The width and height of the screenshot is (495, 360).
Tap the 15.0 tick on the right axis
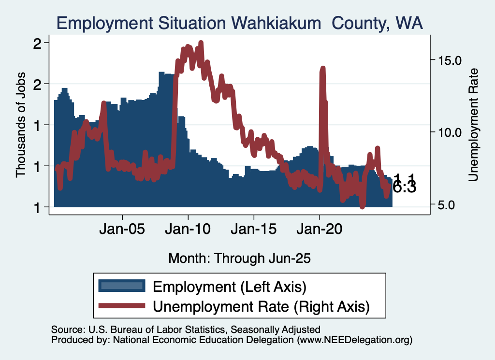pyautogui.click(x=450, y=60)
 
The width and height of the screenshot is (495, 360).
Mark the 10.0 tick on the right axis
pyautogui.click(x=450, y=132)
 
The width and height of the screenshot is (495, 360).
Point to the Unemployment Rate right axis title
pyautogui.click(x=473, y=125)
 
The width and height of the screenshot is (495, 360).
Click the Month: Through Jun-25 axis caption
pyautogui.click(x=239, y=258)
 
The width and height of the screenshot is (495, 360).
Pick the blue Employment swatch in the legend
pyautogui.click(x=121, y=286)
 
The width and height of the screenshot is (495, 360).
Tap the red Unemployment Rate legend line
pyautogui.click(x=121, y=305)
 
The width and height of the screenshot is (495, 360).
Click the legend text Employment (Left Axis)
pyautogui.click(x=230, y=287)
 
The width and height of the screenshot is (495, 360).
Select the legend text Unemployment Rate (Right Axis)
pyautogui.click(x=261, y=306)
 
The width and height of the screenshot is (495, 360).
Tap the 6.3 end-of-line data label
pyautogui.click(x=404, y=187)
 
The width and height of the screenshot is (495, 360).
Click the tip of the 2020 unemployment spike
pyautogui.click(x=322, y=68)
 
